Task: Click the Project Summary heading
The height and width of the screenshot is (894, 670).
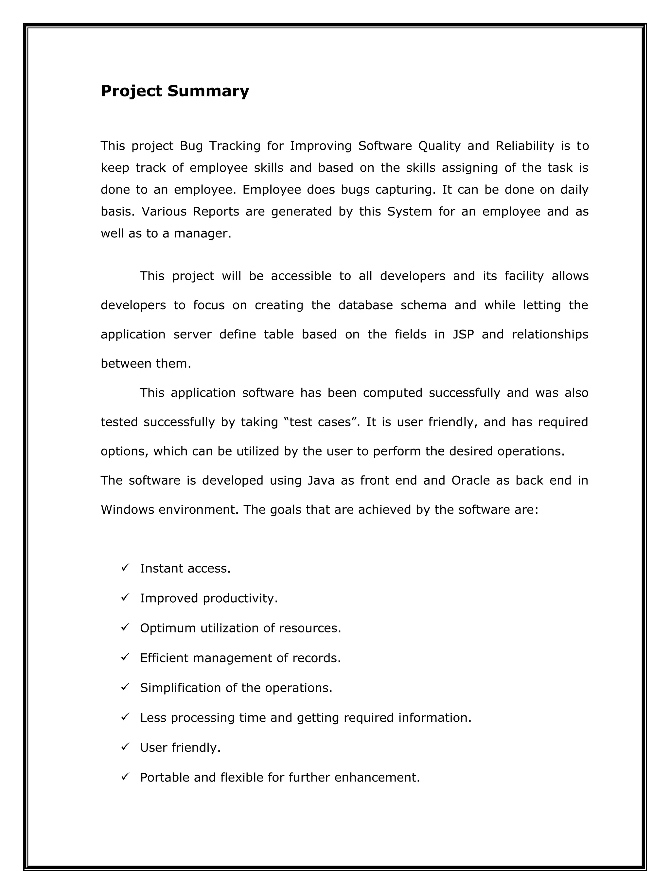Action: tap(175, 91)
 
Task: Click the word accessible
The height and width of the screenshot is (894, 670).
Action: tap(301, 276)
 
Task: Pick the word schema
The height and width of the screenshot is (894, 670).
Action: tap(423, 305)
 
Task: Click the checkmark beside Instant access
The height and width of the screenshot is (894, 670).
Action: tap(125, 567)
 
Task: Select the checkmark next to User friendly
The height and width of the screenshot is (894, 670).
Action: tap(125, 747)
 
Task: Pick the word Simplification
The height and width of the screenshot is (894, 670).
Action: tap(180, 688)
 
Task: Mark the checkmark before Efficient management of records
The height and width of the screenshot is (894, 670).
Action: tap(125, 657)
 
